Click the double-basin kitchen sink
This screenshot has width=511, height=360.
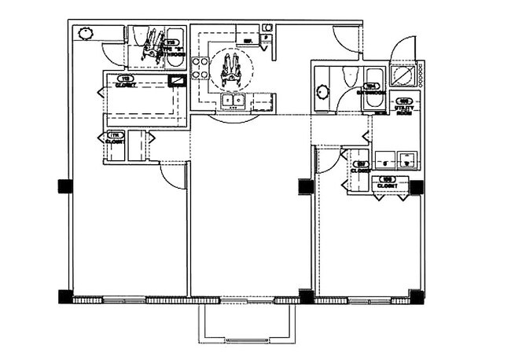tap(232, 101)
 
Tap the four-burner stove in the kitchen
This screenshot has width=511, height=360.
tap(198, 69)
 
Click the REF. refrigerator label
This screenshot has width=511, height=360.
tap(247, 40)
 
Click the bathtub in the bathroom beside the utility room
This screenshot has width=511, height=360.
tap(373, 79)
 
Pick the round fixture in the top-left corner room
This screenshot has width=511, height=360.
tap(86, 33)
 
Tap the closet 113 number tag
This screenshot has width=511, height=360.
tap(123, 79)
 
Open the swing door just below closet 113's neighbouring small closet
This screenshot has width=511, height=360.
tap(172, 175)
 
